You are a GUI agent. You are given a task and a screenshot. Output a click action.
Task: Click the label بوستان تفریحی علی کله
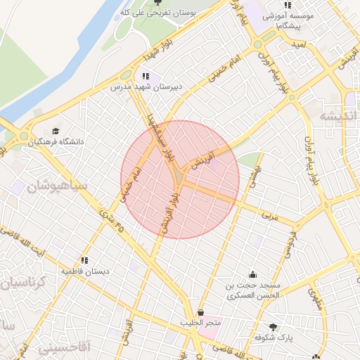[x=155, y=13]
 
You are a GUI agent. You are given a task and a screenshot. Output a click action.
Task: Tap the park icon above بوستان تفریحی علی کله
[x=157, y=3]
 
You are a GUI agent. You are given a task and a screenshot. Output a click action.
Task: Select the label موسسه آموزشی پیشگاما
[x=288, y=19]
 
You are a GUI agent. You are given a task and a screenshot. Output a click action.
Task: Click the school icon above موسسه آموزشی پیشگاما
[x=287, y=5]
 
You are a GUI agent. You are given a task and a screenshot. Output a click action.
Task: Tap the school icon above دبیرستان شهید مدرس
[x=146, y=77]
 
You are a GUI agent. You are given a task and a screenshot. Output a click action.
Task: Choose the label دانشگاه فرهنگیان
[x=56, y=141]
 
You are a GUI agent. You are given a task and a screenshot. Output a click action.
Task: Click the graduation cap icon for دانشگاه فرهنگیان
[x=56, y=131]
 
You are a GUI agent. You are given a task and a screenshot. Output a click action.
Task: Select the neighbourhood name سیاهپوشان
[x=58, y=186]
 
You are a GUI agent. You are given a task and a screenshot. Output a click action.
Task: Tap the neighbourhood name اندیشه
[x=338, y=116]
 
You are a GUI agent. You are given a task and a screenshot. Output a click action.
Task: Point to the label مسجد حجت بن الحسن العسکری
[x=252, y=290]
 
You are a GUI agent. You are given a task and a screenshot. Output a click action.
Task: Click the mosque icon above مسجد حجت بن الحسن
[x=252, y=275]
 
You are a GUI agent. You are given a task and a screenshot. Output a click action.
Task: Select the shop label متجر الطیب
[x=201, y=323]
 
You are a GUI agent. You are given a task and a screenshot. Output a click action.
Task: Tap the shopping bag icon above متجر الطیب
[x=201, y=312]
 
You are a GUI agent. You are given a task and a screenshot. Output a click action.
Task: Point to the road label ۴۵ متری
[x=111, y=222]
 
